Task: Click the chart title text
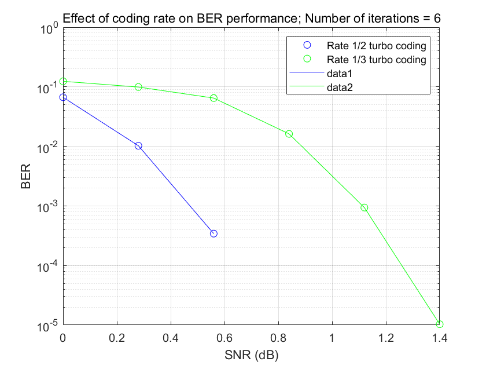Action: [x=252, y=18]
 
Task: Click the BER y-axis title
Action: [x=25, y=178]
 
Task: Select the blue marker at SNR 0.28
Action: [x=138, y=146]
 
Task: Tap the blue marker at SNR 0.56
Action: [x=213, y=233]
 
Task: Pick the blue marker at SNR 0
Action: [x=63, y=97]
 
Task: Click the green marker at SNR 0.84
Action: [x=289, y=134]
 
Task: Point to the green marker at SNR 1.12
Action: [x=365, y=207]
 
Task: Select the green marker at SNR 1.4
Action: [x=440, y=324]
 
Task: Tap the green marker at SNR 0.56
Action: [x=213, y=98]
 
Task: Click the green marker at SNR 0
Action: [x=63, y=82]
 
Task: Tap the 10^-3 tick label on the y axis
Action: [x=48, y=207]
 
